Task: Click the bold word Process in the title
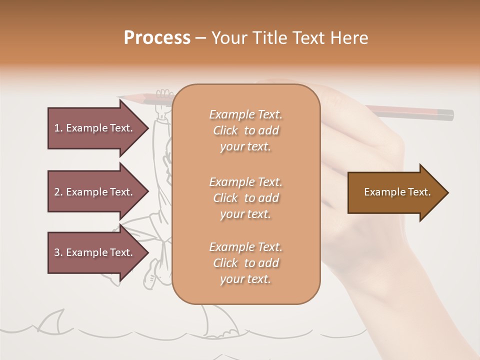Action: tap(157, 38)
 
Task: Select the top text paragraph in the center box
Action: tap(246, 130)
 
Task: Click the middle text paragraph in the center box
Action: tap(246, 198)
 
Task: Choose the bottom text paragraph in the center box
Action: tap(246, 263)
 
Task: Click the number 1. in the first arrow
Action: tap(58, 128)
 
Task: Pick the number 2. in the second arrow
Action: tap(58, 192)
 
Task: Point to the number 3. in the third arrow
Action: tap(58, 252)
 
